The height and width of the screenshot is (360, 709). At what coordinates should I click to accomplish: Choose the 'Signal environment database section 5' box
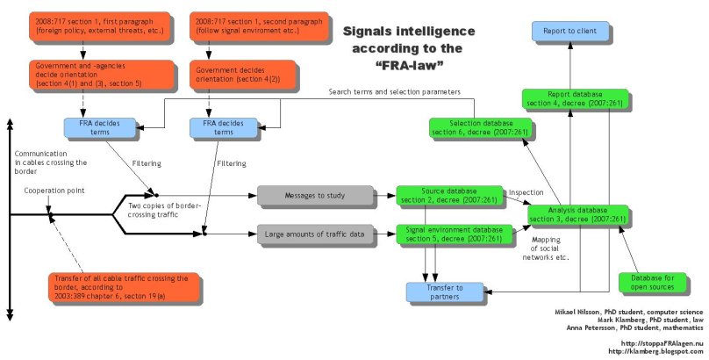tap(450, 234)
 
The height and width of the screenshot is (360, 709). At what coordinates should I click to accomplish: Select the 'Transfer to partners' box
tap(447, 291)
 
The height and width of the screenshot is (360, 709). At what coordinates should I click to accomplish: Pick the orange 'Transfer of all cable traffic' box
tap(120, 286)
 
